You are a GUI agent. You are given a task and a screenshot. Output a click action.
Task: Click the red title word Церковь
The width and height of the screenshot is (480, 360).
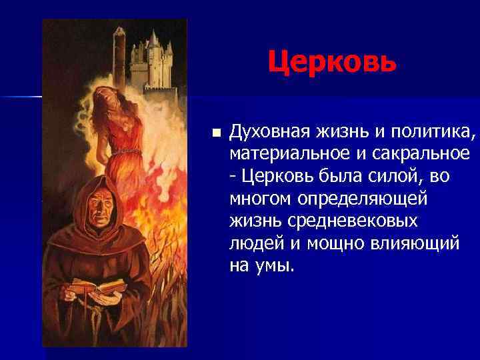(332, 62)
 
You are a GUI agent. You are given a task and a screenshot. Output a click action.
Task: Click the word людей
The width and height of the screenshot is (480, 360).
(250, 243)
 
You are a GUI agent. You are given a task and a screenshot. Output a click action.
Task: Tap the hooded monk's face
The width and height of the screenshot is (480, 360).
(99, 213)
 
